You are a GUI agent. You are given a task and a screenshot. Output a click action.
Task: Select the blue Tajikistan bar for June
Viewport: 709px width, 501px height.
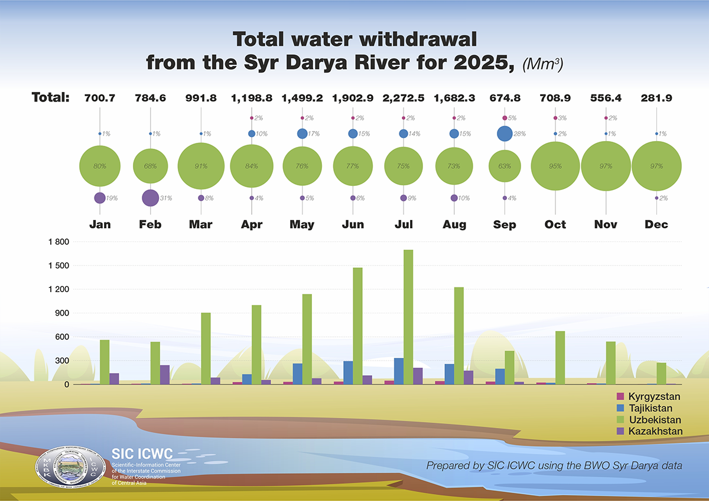coord(348,372)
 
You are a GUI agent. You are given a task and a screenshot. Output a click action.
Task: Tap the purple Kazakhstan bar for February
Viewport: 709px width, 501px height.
coord(164,375)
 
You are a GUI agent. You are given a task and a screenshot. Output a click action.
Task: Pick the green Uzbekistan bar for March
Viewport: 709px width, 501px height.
coord(206,348)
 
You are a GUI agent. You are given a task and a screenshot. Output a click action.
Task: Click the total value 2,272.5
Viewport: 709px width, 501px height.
coord(403,97)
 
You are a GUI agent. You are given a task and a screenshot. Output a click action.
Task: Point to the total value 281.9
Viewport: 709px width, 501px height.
coord(656,97)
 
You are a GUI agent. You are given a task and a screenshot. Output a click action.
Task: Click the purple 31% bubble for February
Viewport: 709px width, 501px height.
coord(150,198)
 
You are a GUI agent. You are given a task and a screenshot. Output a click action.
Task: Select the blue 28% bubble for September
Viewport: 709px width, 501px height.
coord(504,134)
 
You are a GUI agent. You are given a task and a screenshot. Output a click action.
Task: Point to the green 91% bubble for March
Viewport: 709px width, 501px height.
coord(201,166)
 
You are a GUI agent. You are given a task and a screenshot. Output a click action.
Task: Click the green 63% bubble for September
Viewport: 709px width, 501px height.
coord(504,166)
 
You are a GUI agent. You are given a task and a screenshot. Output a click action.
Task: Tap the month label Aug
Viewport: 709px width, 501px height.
coord(454,224)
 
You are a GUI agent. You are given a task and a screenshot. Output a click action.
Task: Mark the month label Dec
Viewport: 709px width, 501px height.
coord(656,224)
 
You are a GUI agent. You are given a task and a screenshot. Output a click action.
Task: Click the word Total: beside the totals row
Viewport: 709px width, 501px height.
coord(51,97)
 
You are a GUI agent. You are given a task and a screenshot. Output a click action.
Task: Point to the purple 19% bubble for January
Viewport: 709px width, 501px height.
coord(99,198)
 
